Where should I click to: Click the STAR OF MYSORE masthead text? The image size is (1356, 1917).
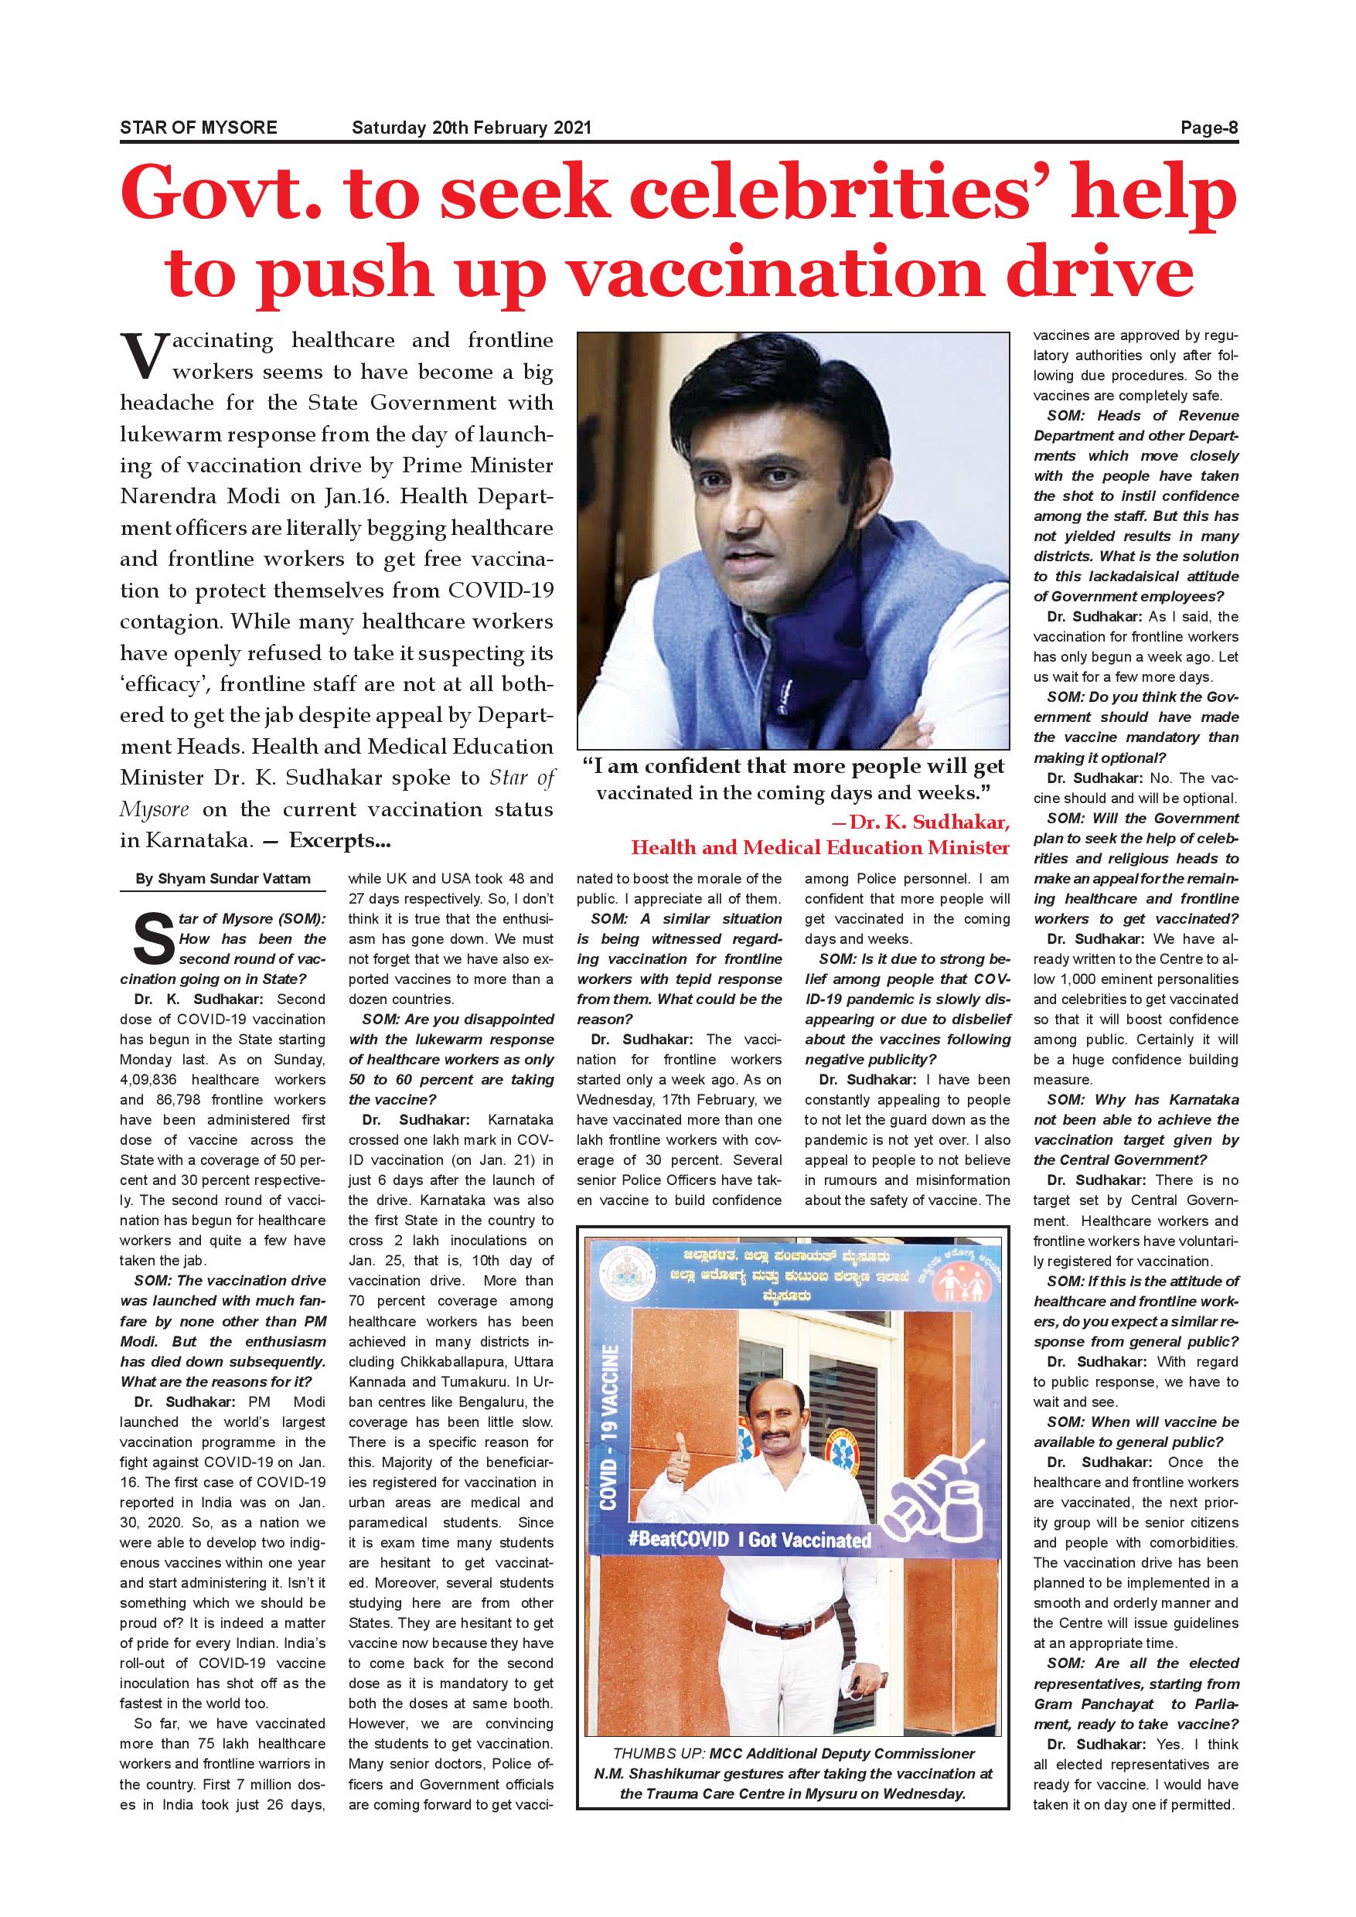pos(199,128)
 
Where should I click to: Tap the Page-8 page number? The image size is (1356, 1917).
pos(1208,128)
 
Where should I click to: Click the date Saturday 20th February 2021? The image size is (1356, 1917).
pos(471,128)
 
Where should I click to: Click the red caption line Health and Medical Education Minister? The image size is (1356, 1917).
pos(820,847)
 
